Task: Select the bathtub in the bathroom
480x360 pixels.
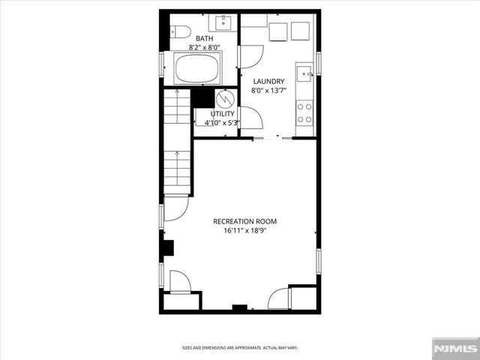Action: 196,70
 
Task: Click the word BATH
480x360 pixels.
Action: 205,38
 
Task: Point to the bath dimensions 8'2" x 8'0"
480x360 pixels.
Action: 205,47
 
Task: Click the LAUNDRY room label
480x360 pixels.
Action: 268,81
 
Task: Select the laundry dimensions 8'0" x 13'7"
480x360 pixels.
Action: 268,91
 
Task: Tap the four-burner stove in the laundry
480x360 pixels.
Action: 304,113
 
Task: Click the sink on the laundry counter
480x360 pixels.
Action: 304,73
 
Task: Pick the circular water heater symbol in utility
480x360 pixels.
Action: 225,98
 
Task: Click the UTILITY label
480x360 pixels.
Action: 222,114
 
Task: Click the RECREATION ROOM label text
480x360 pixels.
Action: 245,221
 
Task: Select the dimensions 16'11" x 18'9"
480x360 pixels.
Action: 245,232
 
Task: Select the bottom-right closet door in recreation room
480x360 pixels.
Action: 279,298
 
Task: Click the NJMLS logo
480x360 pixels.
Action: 454,349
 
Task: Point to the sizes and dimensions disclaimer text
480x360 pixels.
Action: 240,348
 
